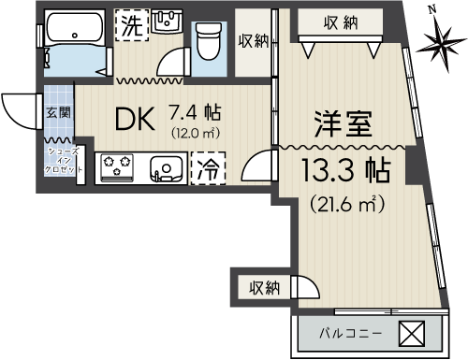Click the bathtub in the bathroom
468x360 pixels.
(75, 29)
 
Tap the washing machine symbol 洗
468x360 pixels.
(131, 25)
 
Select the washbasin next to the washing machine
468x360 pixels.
(168, 22)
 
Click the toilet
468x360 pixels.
(209, 41)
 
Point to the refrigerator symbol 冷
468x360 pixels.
(208, 168)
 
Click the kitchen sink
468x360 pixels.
(167, 169)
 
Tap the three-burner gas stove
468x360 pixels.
(117, 167)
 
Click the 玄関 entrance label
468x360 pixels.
(59, 112)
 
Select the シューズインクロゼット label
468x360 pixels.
(63, 161)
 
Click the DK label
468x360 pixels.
(135, 119)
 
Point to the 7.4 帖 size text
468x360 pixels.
(195, 112)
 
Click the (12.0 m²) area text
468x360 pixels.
(196, 134)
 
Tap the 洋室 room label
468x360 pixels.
(344, 124)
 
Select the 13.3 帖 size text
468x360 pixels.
(346, 170)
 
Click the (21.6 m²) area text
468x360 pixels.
(346, 204)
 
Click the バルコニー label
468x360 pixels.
(351, 334)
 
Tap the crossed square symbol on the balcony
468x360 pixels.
(412, 334)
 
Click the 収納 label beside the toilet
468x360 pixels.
(254, 41)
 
